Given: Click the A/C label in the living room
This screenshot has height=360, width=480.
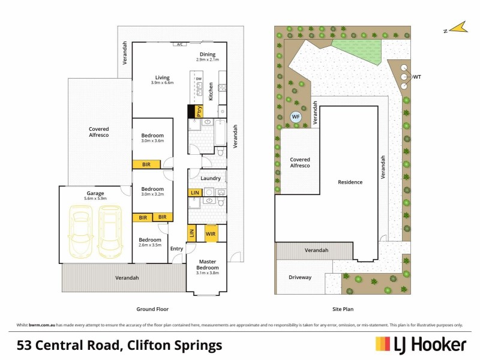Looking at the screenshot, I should (x=179, y=44).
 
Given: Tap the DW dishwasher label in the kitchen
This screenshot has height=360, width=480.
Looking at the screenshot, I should (x=199, y=79).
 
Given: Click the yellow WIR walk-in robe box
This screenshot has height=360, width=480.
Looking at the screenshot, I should (x=211, y=233).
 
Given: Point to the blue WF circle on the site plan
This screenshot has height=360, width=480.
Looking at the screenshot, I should (x=295, y=117).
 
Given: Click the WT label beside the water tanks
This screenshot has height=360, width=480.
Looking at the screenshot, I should (x=418, y=76).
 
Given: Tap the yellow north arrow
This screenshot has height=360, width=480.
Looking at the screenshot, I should (x=458, y=28).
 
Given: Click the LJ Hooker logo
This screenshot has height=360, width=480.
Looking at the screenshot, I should (x=421, y=344).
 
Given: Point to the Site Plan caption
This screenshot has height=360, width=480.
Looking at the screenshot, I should (x=343, y=309).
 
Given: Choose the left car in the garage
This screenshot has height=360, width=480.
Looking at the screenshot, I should (x=81, y=231).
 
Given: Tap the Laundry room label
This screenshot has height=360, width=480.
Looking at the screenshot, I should (x=211, y=178).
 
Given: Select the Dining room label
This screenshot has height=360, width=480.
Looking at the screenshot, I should (x=208, y=55).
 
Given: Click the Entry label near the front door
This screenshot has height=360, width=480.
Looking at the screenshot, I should (x=176, y=248).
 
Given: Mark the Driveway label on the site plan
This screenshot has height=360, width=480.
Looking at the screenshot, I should (x=300, y=278).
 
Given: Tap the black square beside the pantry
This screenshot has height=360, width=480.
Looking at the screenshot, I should (x=193, y=111).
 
